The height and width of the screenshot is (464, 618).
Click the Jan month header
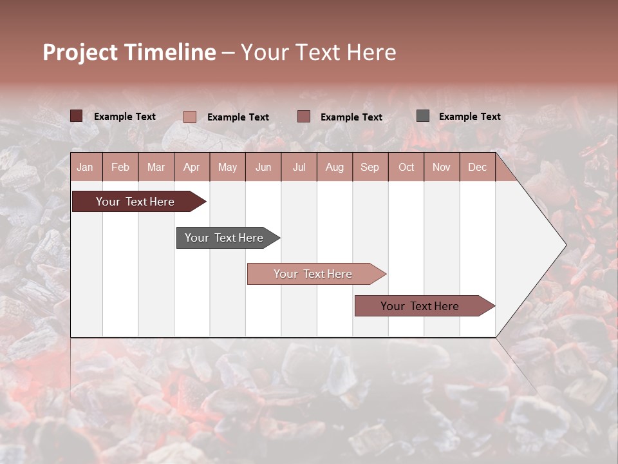click(85, 167)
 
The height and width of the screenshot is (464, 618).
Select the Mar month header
click(156, 167)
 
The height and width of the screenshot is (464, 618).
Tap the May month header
click(227, 167)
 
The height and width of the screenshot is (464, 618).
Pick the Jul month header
click(299, 167)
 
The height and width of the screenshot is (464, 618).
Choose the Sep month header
click(370, 167)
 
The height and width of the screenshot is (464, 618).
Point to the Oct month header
click(406, 167)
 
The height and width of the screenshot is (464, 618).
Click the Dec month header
click(477, 167)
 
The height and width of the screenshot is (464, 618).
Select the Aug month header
click(334, 167)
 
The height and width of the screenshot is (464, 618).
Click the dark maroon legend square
click(76, 116)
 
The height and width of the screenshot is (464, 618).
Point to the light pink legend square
click(189, 117)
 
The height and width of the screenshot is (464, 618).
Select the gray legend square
click(422, 116)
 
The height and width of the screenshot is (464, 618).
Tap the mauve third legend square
click(304, 117)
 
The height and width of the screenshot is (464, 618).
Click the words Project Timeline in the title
click(129, 52)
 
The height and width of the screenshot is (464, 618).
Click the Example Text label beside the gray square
click(469, 116)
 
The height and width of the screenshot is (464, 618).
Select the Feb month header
click(120, 167)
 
